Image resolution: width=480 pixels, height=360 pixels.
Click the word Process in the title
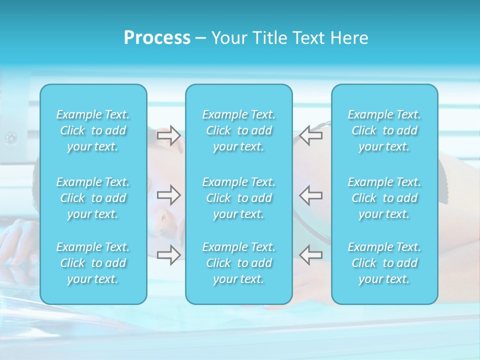click(157, 38)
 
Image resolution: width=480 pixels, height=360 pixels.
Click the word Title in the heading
click(268, 38)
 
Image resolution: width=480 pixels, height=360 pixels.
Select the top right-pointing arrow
click(168, 135)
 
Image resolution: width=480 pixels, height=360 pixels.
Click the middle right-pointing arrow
click(168, 195)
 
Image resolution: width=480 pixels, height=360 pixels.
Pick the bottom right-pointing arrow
click(168, 254)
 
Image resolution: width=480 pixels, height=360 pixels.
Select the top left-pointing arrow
click(311, 135)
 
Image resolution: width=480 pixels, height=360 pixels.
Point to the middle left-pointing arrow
click(311, 195)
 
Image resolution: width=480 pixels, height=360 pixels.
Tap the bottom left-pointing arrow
click(311, 254)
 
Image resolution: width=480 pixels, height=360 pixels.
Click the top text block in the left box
click(93, 130)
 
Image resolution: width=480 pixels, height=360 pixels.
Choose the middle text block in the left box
click(93, 198)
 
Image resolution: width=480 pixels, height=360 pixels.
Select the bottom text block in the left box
click(93, 263)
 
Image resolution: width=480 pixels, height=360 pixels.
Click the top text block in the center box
click(239, 130)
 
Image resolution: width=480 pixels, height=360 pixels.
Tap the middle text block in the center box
click(239, 198)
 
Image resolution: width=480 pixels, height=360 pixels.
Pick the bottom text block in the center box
click(239, 263)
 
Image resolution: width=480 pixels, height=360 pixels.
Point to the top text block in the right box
click(384, 130)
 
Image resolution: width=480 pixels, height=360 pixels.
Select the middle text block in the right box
click(384, 198)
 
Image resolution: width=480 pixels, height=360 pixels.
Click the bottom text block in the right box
click(384, 263)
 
